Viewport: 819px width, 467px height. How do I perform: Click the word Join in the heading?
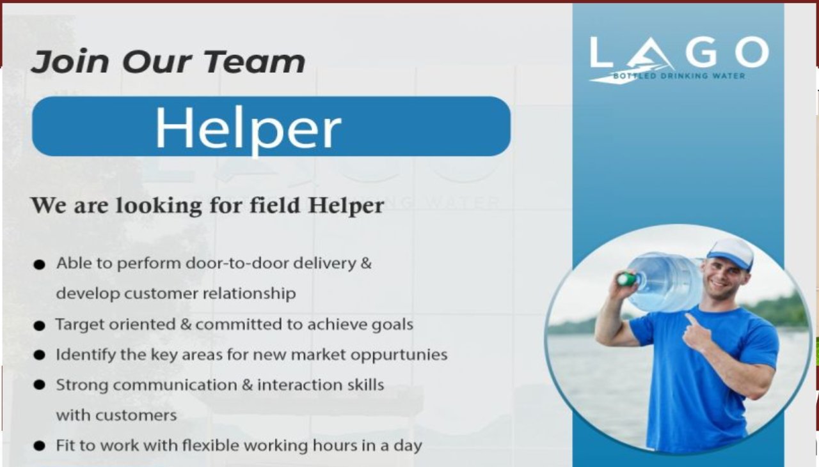point(70,61)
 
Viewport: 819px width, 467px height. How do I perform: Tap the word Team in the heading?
point(254,61)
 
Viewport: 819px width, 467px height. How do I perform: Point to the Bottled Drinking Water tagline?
point(679,76)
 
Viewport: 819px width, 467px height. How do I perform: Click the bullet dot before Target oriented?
point(39,326)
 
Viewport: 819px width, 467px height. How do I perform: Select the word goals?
point(392,325)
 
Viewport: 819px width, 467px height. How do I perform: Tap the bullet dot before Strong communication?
point(39,385)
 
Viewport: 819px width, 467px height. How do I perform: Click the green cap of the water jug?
point(626,279)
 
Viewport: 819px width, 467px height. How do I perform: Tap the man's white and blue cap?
point(731,254)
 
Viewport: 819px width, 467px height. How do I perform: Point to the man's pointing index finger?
point(692,319)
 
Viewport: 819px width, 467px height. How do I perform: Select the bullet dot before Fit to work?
point(39,446)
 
